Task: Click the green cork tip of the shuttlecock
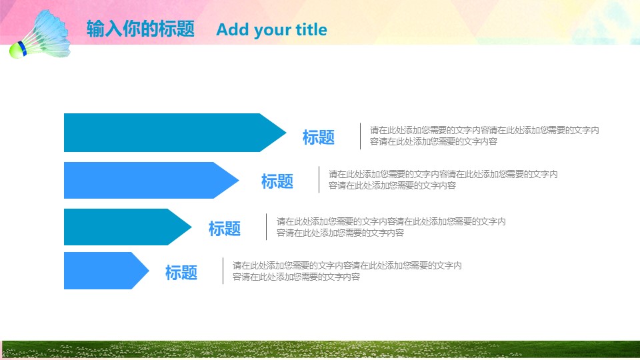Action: click(15, 50)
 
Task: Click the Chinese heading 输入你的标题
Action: click(141, 29)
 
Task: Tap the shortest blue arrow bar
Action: click(100, 271)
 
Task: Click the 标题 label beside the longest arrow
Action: click(319, 137)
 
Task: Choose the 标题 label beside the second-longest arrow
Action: click(277, 181)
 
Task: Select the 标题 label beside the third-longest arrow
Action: click(225, 229)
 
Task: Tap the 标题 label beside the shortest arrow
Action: click(181, 272)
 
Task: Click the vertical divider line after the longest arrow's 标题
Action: click(361, 136)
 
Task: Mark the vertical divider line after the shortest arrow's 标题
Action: click(223, 271)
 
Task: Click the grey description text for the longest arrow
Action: click(484, 136)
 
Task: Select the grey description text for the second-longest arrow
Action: click(443, 180)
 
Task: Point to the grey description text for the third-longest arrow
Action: click(391, 227)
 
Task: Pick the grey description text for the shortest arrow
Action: click(347, 271)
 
